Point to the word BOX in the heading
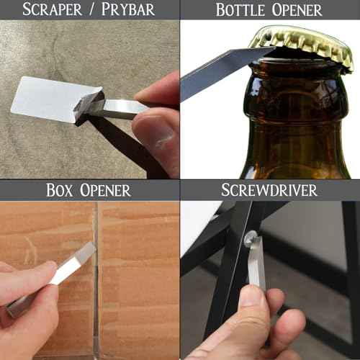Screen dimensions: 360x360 pos(63,191)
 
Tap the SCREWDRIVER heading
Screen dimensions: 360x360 pos(270,191)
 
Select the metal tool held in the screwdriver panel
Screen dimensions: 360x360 pos(256,266)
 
